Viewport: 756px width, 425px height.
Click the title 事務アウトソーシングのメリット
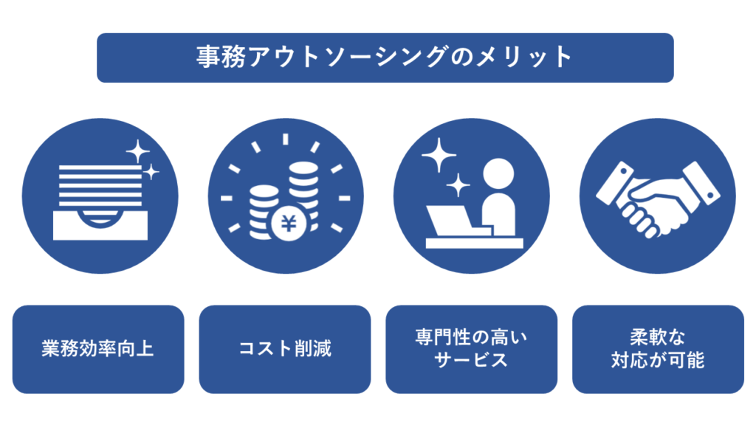click(x=385, y=58)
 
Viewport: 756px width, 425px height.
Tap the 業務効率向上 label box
click(x=98, y=349)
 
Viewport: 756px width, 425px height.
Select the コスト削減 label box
click(x=285, y=349)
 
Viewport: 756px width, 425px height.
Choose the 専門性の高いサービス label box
click(x=471, y=349)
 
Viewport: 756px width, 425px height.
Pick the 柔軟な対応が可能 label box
click(x=658, y=349)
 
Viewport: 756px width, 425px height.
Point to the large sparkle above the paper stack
click(x=137, y=153)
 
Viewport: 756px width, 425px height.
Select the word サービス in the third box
click(x=471, y=361)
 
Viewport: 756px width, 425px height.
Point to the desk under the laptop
click(x=475, y=243)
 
